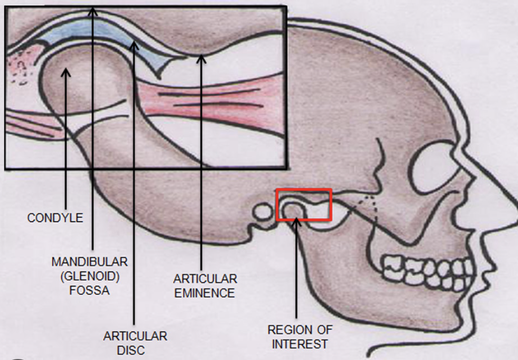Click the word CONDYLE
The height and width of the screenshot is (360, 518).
pyautogui.click(x=55, y=218)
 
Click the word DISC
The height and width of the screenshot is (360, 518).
pyautogui.click(x=131, y=351)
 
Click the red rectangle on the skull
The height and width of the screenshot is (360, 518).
pyautogui.click(x=304, y=204)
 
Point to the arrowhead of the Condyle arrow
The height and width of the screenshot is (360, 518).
pyautogui.click(x=66, y=72)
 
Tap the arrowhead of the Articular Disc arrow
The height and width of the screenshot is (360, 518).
pyautogui.click(x=133, y=45)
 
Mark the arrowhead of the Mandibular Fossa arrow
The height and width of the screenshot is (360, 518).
pyautogui.click(x=93, y=9)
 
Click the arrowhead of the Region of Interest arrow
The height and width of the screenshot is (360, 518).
pyautogui.click(x=296, y=219)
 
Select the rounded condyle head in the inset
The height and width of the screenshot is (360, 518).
pyautogui.click(x=85, y=85)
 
